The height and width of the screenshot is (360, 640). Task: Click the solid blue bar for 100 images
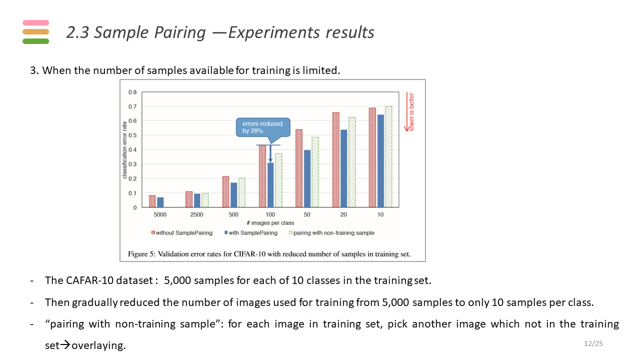coord(270,185)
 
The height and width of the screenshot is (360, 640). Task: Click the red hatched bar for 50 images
coord(299,168)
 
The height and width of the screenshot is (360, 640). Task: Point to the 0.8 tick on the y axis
coord(132,92)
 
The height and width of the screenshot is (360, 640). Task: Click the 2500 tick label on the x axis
coord(196,214)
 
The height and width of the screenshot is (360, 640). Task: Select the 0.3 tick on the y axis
coord(132,164)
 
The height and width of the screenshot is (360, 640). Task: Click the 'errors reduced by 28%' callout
coord(262,127)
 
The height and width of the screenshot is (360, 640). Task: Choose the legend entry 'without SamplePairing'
coord(183,233)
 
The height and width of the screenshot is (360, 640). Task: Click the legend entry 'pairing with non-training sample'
coord(333,233)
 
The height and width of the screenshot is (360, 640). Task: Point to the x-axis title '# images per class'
coord(270,223)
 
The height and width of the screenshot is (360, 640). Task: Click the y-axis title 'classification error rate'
coord(125,149)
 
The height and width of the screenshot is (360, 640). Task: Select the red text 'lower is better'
coord(411,112)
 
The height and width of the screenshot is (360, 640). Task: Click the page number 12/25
coord(593,343)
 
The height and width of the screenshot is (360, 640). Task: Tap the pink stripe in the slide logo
coord(35,22)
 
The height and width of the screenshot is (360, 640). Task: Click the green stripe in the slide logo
coord(35,41)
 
